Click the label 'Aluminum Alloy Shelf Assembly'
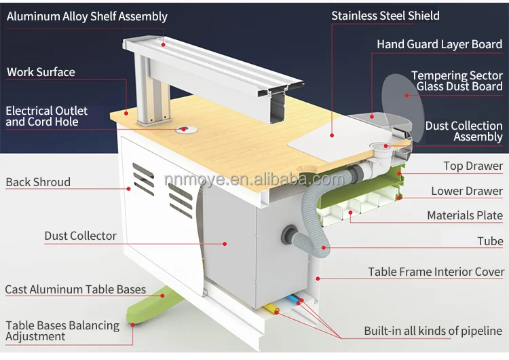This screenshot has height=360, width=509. pyautogui.click(x=87, y=16)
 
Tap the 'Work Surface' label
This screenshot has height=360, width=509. pyautogui.click(x=41, y=72)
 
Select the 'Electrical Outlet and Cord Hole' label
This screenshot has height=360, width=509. pyautogui.click(x=46, y=116)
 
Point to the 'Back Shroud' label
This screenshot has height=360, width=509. pyautogui.click(x=38, y=182)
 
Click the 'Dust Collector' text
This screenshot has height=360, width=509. pyautogui.click(x=80, y=236)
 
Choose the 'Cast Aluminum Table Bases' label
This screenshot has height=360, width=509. pyautogui.click(x=75, y=289)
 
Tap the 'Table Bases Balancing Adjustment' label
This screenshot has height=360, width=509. pyautogui.click(x=62, y=331)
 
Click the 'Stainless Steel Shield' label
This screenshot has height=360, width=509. pyautogui.click(x=385, y=16)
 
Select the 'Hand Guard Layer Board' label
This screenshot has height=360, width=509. pyautogui.click(x=439, y=44)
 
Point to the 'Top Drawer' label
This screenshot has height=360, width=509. pyautogui.click(x=473, y=166)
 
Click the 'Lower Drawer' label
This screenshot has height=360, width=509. pyautogui.click(x=467, y=191)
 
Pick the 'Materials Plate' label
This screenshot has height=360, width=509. pyautogui.click(x=465, y=215)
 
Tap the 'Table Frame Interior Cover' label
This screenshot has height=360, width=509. pyautogui.click(x=436, y=272)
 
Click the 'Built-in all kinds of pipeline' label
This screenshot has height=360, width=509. pyautogui.click(x=432, y=331)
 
